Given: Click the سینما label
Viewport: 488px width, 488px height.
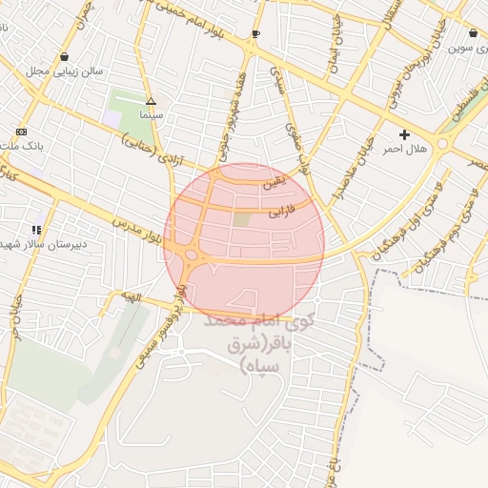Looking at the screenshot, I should coord(151,114).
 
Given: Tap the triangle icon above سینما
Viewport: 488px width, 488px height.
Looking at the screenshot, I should coord(151,101).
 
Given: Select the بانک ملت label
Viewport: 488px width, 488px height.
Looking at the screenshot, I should coord(23,146).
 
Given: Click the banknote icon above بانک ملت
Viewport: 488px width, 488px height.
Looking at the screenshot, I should coord(21,132).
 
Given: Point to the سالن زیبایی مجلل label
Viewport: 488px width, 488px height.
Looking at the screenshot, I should coord(63,71).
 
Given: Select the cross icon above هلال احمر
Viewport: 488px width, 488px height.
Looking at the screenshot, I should coord(405,135).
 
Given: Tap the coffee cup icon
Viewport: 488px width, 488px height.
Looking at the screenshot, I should coord(255,34).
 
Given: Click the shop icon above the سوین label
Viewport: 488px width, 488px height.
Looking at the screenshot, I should coord(474,32).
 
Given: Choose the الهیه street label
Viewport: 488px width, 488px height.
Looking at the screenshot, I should coord(128,297).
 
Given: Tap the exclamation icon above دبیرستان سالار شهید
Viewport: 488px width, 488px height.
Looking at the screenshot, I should coord(36,230).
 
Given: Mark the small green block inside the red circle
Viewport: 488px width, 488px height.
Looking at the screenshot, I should coord(243,219).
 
